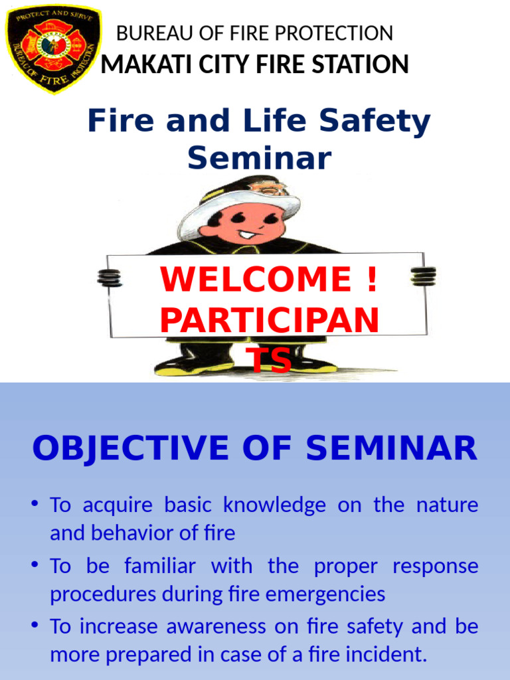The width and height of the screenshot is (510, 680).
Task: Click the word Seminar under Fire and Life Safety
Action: pyautogui.click(x=259, y=158)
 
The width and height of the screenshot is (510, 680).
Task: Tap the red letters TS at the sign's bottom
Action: pyautogui.click(x=269, y=361)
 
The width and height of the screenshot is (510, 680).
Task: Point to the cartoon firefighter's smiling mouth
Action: pyautogui.click(x=247, y=234)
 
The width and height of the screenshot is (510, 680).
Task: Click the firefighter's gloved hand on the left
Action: pyautogui.click(x=110, y=277)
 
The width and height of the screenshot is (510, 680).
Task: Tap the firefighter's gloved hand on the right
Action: pyautogui.click(x=423, y=276)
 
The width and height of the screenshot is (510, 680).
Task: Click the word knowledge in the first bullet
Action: pyautogui.click(x=274, y=505)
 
